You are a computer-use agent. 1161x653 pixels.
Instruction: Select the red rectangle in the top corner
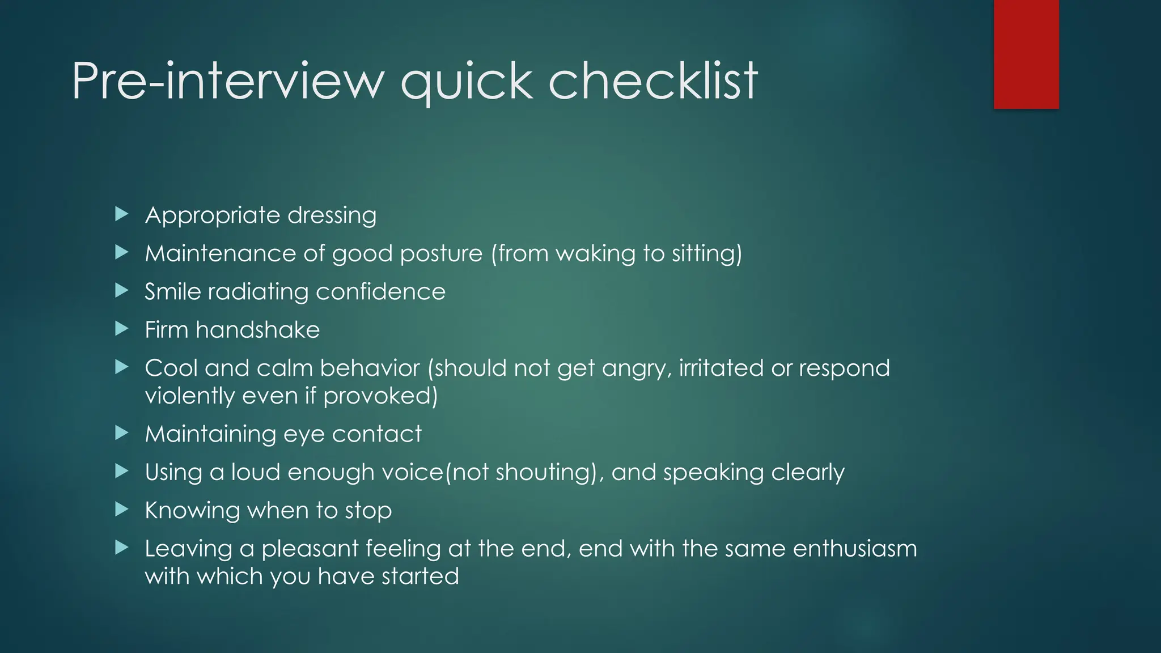coord(1026,54)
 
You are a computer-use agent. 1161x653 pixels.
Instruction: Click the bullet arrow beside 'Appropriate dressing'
coord(121,214)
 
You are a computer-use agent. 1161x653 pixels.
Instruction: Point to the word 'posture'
coord(440,253)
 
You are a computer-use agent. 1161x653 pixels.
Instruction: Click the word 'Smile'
coord(172,291)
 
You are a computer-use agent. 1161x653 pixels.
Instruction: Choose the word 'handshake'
coord(257,330)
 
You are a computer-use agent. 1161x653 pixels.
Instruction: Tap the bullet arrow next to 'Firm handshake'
coord(121,329)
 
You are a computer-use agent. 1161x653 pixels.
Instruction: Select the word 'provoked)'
coord(380,396)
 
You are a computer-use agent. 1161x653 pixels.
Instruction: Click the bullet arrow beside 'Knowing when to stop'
coord(121,510)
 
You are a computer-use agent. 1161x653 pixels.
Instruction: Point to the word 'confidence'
coord(380,291)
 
